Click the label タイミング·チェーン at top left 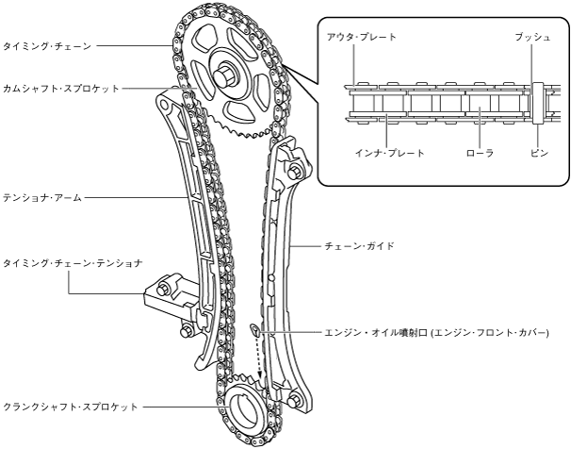coord(44,43)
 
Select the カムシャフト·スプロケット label coord(61,88)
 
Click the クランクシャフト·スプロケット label coord(71,407)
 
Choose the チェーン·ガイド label coord(362,245)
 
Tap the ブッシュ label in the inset coord(532,37)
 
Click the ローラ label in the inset coord(481,152)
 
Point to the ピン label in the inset coord(538,152)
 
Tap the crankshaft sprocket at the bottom coord(247,407)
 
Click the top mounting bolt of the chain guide coord(296,171)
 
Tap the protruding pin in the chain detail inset coord(537,103)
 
